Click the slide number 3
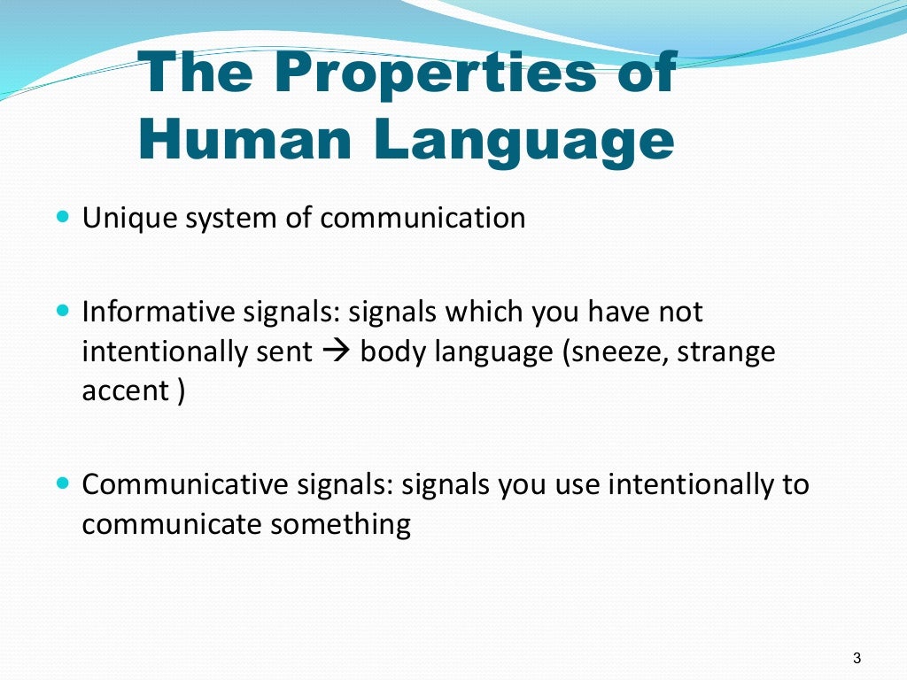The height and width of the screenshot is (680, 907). pyautogui.click(x=857, y=657)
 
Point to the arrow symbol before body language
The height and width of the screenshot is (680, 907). pyautogui.click(x=337, y=352)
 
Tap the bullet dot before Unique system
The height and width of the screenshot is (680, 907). pyautogui.click(x=62, y=215)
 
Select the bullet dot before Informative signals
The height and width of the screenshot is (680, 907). pyautogui.click(x=62, y=311)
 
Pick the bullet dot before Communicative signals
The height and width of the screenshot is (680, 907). pyautogui.click(x=62, y=484)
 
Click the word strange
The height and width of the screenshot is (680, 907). pyautogui.click(x=731, y=352)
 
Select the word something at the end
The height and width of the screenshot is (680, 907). pyautogui.click(x=341, y=525)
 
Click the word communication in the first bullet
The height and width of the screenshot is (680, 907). pyautogui.click(x=422, y=218)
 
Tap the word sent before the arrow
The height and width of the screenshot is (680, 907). pyautogui.click(x=287, y=352)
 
